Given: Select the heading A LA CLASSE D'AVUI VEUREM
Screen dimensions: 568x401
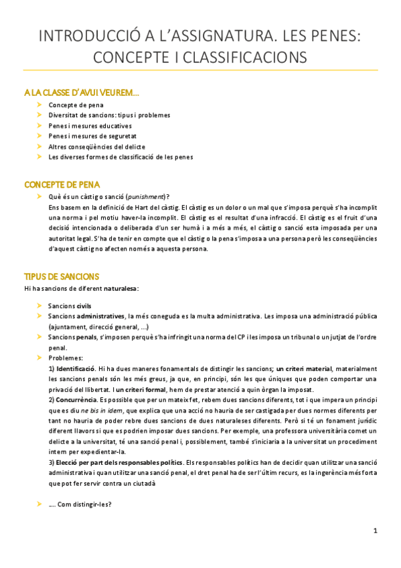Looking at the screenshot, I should [x=82, y=92].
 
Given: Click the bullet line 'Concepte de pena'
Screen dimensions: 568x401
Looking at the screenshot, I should [x=76, y=105].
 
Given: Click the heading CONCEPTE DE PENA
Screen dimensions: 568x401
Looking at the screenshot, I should [x=63, y=184].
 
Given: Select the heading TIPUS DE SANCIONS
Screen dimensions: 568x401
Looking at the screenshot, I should [x=62, y=276].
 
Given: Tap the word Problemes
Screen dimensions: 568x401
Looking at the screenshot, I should [x=65, y=358].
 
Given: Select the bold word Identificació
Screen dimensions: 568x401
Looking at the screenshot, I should [x=75, y=369].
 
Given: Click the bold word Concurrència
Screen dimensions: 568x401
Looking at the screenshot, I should [x=76, y=400].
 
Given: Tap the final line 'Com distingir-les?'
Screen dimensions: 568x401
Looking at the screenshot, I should [x=82, y=504].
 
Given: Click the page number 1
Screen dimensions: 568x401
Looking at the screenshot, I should [x=376, y=530].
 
